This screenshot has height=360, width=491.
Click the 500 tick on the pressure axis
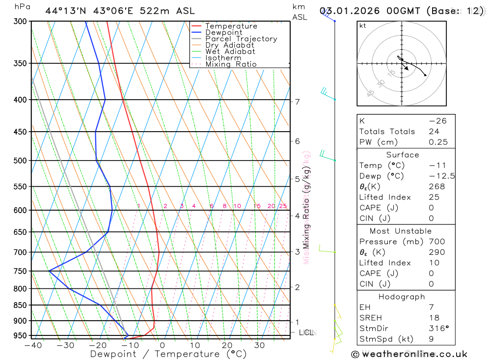tap(20, 161)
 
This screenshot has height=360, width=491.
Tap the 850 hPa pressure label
tap(20, 305)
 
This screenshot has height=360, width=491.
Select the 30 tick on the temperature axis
tap(259, 345)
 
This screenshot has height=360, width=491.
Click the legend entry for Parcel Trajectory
tap(241, 39)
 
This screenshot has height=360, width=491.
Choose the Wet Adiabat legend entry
tap(230, 52)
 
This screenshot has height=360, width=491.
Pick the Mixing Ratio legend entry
tap(231, 64)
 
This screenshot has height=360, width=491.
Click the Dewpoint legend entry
tap(223, 32)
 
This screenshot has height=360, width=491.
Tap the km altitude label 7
tap(297, 102)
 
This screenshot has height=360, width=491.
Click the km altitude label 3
tap(297, 252)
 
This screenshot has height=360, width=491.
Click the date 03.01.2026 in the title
tap(352, 11)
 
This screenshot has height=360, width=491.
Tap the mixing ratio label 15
tap(257, 206)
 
